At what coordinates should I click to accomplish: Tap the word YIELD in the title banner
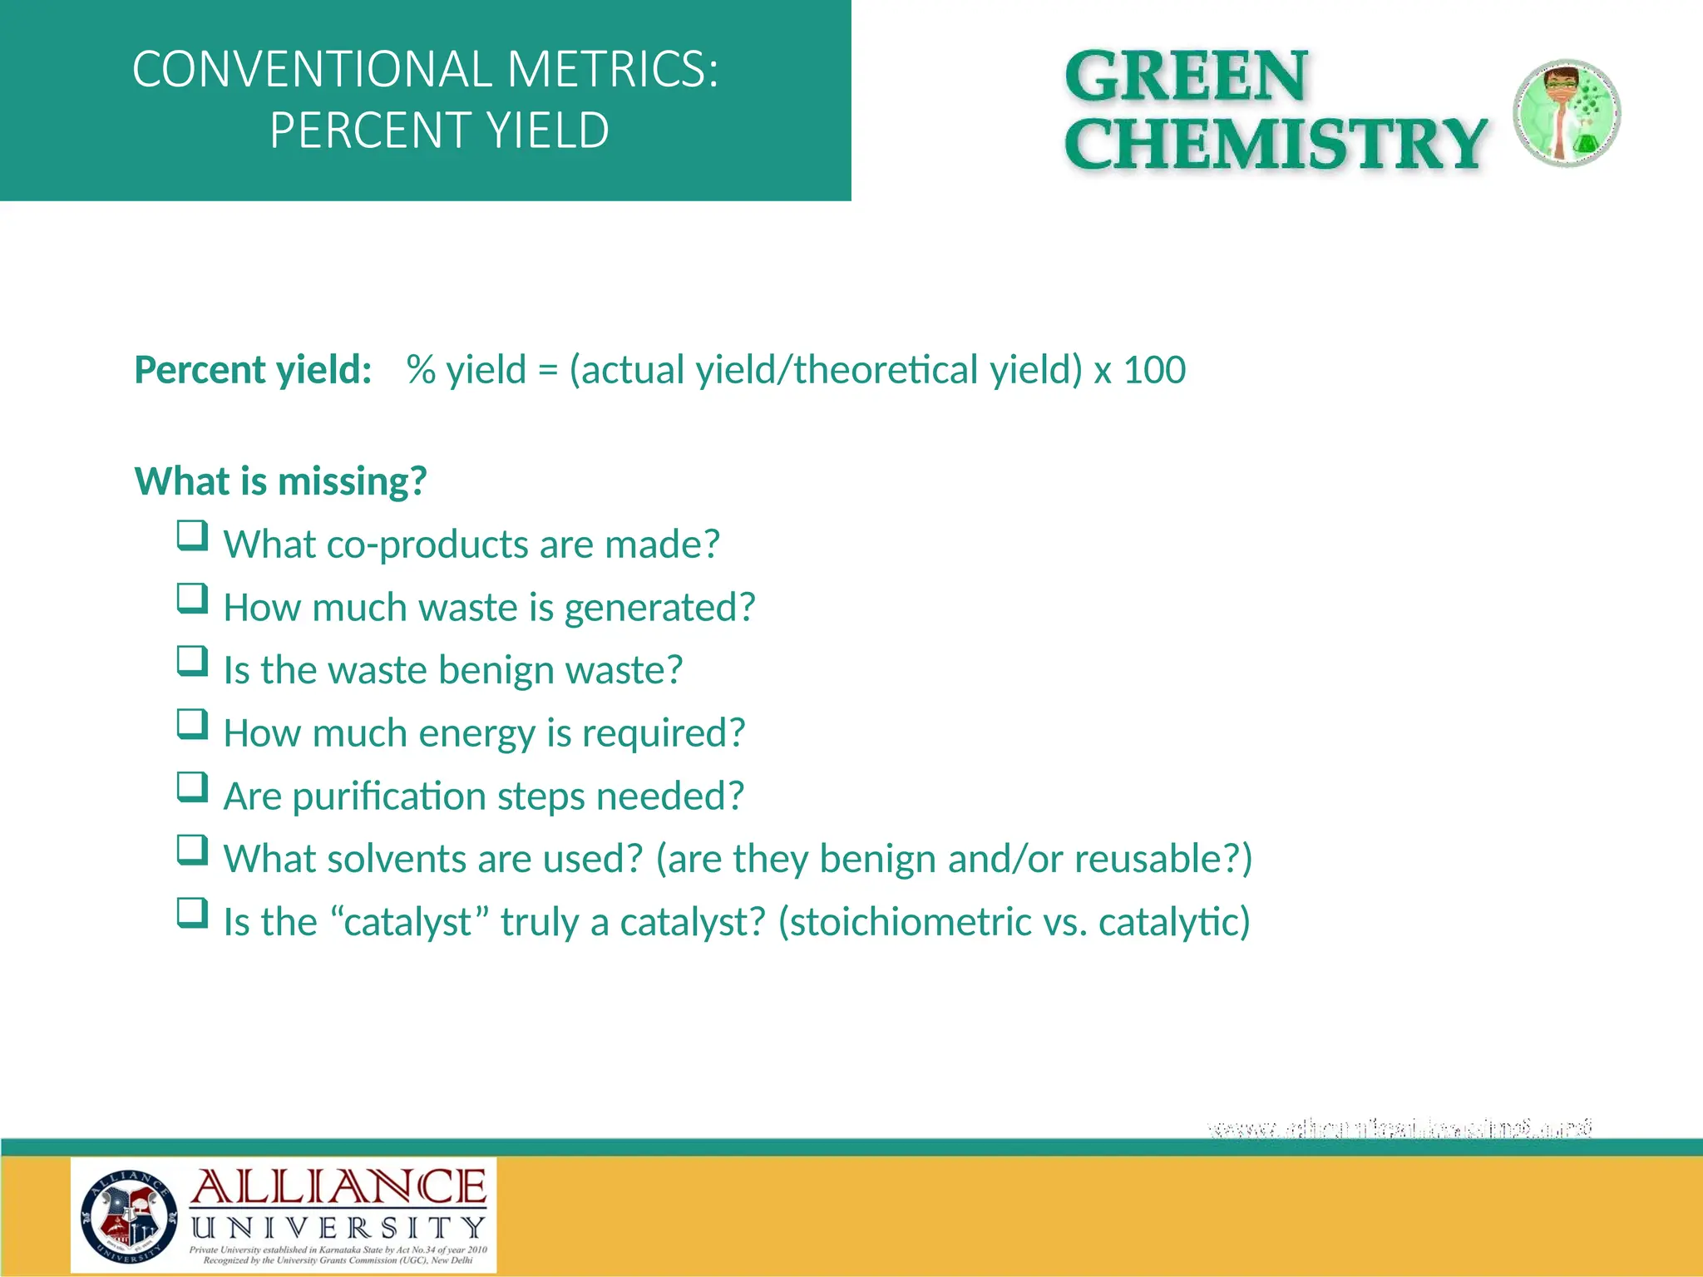(x=547, y=131)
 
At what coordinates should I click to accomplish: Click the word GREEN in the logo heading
(x=1187, y=76)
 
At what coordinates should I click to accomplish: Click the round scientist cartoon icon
(x=1566, y=113)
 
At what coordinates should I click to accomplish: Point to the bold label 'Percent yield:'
(x=253, y=370)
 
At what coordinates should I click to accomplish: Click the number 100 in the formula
(x=1154, y=370)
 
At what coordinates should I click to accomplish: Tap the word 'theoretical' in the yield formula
(x=885, y=370)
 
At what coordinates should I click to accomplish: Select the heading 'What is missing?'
(x=281, y=481)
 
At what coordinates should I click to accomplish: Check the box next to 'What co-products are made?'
(x=192, y=536)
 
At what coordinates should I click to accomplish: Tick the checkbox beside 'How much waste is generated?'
(x=192, y=599)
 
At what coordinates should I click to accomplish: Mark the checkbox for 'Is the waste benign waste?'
(x=192, y=662)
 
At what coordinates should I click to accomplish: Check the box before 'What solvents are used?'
(x=192, y=851)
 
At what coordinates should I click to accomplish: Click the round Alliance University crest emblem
(x=129, y=1216)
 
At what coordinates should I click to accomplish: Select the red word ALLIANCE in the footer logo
(x=338, y=1187)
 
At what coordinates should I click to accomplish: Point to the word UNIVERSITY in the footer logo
(x=338, y=1228)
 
